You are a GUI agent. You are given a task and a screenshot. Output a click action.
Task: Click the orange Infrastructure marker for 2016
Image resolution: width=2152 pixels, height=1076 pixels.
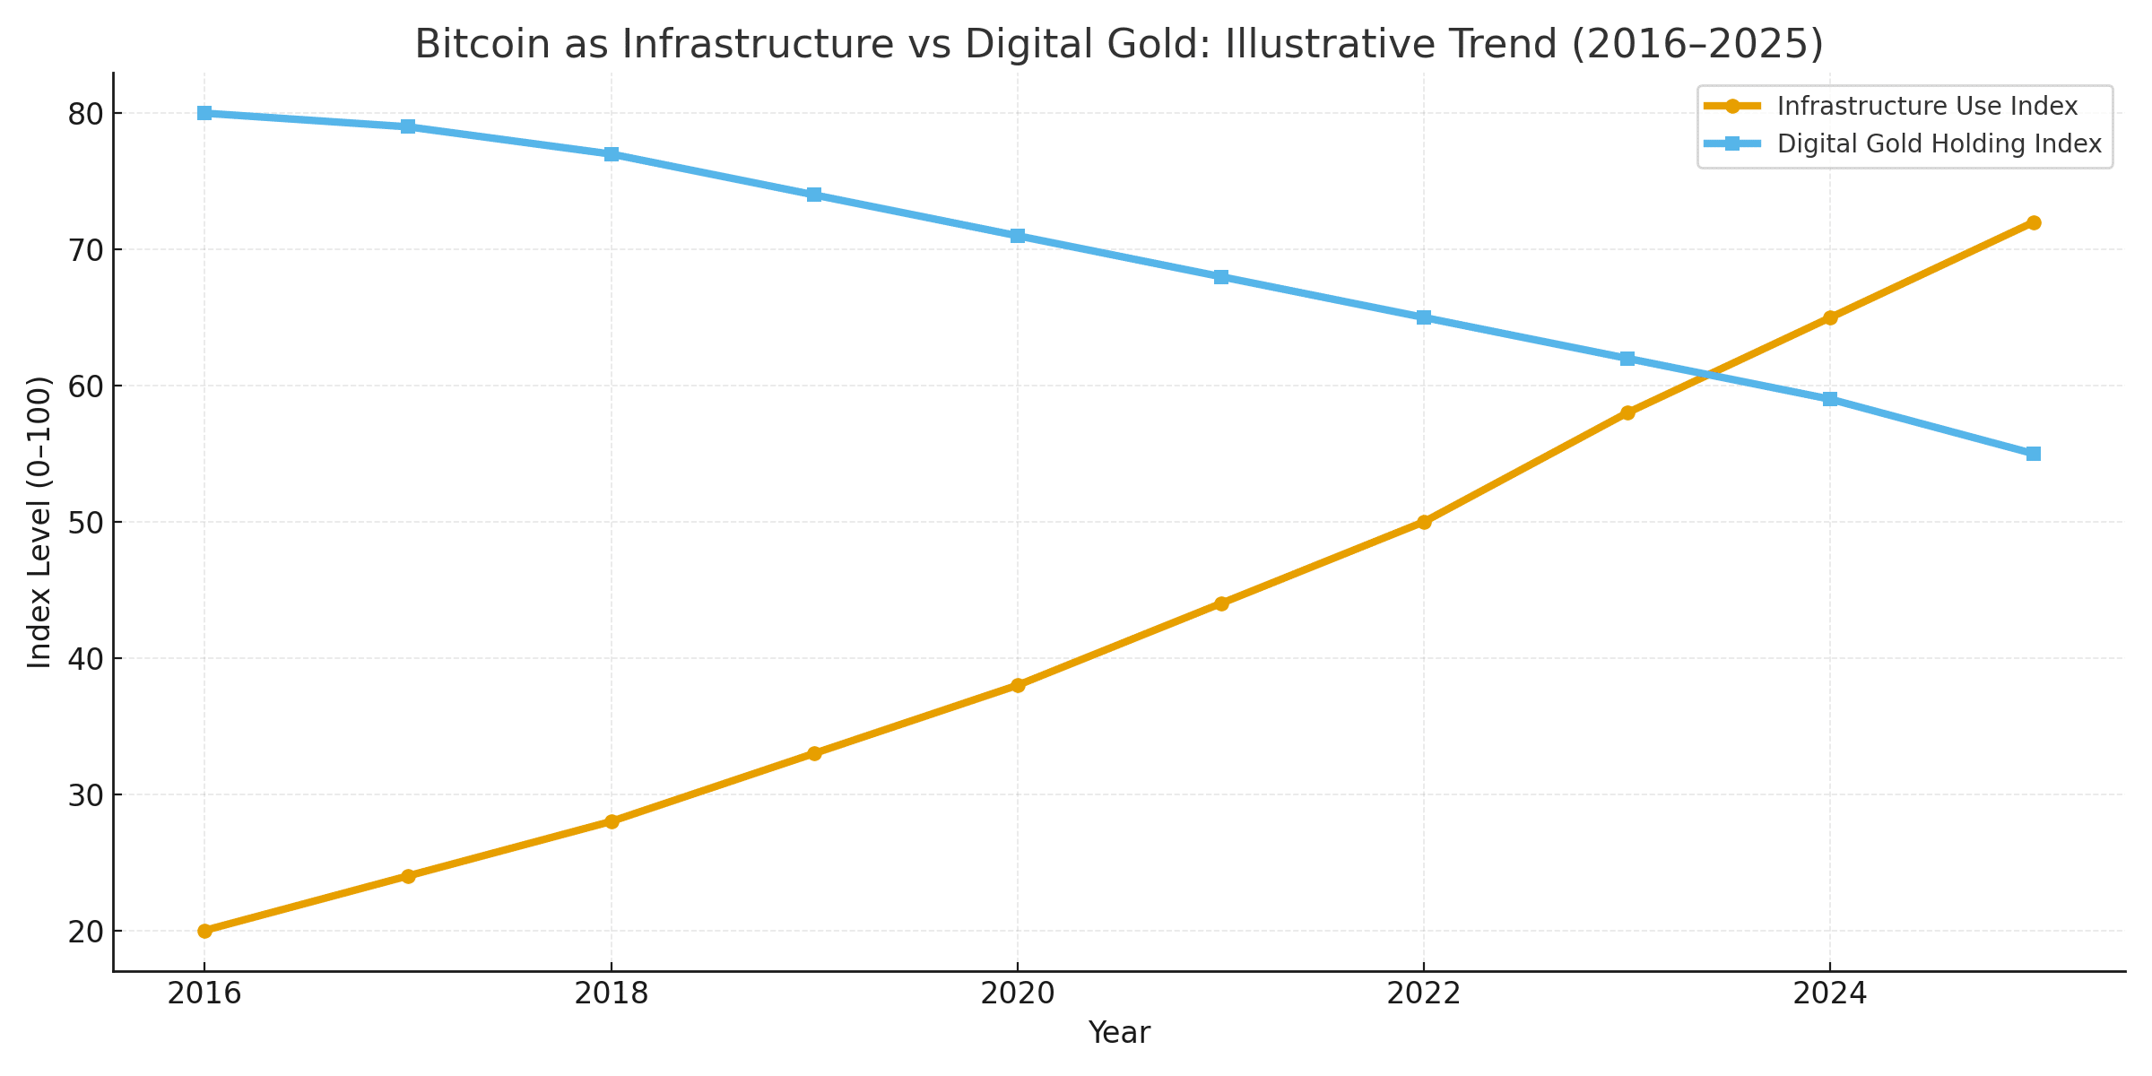click(x=204, y=931)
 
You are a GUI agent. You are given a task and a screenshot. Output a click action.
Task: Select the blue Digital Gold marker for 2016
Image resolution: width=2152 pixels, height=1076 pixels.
click(x=204, y=113)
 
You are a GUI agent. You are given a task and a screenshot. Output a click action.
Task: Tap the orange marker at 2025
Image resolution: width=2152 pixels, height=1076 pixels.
click(x=2034, y=222)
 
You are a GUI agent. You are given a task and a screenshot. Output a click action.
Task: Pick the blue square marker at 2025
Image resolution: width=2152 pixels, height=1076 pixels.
click(x=2034, y=454)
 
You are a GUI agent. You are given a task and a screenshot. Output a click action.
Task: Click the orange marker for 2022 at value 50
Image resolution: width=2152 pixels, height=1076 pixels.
click(x=1424, y=522)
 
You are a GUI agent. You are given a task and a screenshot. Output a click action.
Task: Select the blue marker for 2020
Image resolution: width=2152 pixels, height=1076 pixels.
click(x=1018, y=236)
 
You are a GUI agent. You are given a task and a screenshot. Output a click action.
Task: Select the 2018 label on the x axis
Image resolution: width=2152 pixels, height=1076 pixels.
click(x=612, y=994)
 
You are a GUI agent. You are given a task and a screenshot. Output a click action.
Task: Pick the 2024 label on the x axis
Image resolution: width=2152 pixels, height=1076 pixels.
click(x=1830, y=994)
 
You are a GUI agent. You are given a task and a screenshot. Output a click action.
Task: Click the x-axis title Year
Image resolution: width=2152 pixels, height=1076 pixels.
click(x=1119, y=1034)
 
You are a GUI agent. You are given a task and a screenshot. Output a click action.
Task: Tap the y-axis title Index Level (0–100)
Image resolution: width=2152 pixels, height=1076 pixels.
click(x=39, y=522)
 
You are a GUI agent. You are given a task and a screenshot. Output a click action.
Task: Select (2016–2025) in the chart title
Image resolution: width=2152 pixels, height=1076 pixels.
click(x=1696, y=44)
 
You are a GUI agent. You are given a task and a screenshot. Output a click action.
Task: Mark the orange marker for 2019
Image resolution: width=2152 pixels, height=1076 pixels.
click(x=814, y=753)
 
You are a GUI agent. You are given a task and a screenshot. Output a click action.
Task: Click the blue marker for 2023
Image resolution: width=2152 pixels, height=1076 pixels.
click(x=1627, y=359)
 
